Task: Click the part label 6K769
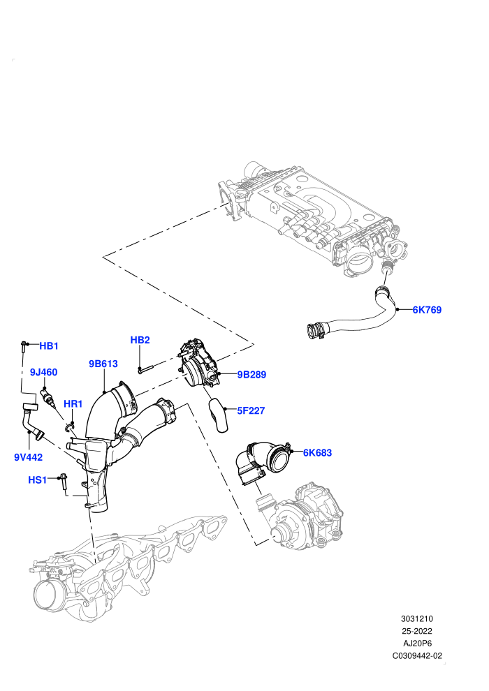point(427,310)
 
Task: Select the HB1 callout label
point(49,346)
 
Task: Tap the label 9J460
point(43,372)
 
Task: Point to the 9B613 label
point(103,364)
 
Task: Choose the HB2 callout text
point(140,340)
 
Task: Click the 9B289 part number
point(251,375)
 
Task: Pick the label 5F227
point(251,410)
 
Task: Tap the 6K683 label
point(317,452)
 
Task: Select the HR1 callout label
point(73,403)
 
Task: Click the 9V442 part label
point(28,457)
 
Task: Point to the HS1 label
point(38,480)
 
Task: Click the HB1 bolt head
point(23,343)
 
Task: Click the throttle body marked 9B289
point(200,364)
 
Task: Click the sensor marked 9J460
point(48,397)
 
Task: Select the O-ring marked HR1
point(68,426)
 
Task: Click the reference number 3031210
point(416,618)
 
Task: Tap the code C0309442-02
point(417,655)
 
